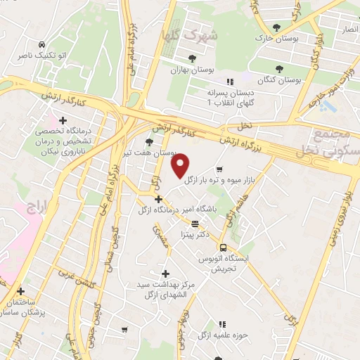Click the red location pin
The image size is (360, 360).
coord(181,166)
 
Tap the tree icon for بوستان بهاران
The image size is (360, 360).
coord(192,58)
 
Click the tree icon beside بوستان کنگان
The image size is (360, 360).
coord(280,68)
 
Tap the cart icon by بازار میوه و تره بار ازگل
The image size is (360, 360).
coord(221,169)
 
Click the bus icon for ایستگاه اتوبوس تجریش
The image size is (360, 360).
coord(223,247)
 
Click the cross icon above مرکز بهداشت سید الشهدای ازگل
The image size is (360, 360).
coord(165,274)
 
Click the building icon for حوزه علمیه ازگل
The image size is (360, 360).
coord(222,324)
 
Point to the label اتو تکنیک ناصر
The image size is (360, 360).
coord(64,53)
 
